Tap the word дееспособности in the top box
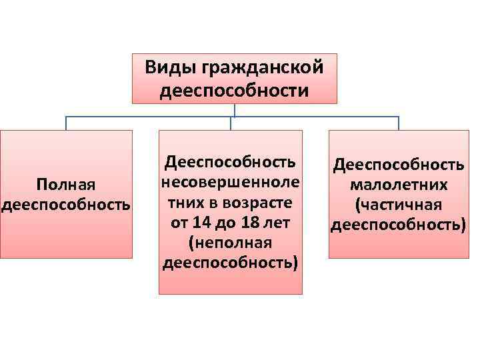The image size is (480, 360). coord(235,89)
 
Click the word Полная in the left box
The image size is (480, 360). coord(65,183)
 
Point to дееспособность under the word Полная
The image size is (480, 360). coord(65,203)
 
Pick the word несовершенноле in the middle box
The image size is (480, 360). coord(230,181)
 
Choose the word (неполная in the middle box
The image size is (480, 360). coord(230,241)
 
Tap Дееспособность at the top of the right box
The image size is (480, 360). coord(399,164)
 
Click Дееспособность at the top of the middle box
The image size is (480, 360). coord(230,161)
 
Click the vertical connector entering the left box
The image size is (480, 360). coord(66,123)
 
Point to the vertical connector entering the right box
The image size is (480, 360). coord(399,123)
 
